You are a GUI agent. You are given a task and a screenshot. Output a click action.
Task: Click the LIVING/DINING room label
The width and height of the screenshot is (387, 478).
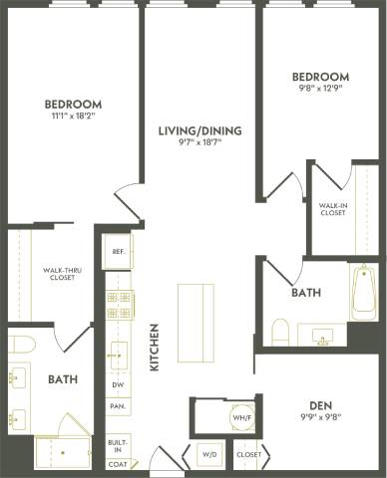pyautogui.click(x=200, y=129)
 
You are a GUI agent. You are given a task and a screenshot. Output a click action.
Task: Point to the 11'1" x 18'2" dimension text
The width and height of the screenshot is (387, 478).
pyautogui.click(x=73, y=117)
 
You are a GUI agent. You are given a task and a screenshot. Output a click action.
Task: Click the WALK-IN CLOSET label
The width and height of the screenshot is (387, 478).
pyautogui.click(x=332, y=207)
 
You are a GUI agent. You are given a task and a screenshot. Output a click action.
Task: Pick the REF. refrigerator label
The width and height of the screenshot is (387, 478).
pyautogui.click(x=118, y=252)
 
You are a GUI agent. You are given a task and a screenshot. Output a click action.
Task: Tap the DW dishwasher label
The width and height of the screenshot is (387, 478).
pyautogui.click(x=118, y=384)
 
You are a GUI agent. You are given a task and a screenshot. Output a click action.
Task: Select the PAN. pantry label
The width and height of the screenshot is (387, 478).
pyautogui.click(x=118, y=406)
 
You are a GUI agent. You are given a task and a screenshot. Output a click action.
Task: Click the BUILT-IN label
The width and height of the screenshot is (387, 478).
pyautogui.click(x=117, y=445)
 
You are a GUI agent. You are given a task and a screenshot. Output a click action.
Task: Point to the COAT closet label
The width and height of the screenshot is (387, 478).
pyautogui.click(x=117, y=464)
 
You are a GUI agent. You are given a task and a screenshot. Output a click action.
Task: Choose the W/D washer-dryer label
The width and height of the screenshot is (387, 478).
pyautogui.click(x=210, y=454)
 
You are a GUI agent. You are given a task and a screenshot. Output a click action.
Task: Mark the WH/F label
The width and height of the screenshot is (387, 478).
pyautogui.click(x=239, y=418)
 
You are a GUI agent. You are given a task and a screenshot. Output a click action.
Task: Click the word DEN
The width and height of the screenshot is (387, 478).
pyautogui.click(x=320, y=404)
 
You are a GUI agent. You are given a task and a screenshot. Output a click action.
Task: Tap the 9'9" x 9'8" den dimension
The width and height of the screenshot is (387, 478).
pyautogui.click(x=320, y=417)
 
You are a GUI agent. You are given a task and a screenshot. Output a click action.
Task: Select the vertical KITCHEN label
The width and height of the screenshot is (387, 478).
pyautogui.click(x=155, y=348)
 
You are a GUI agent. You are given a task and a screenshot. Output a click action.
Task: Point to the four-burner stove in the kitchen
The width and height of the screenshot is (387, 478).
pyautogui.click(x=119, y=303)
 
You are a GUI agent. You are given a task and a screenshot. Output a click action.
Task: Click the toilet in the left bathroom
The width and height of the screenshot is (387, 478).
pyautogui.click(x=21, y=345)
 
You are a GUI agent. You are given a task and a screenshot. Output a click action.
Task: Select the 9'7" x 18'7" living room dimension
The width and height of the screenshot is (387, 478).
pyautogui.click(x=200, y=143)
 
